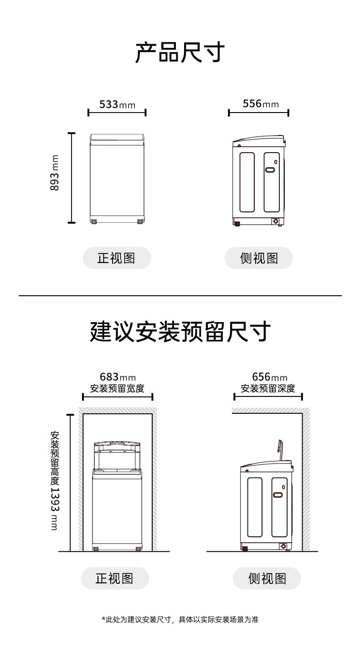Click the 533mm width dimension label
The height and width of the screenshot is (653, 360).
(x=117, y=104)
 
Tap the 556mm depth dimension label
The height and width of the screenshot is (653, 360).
(x=261, y=103)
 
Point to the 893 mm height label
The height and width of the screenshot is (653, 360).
(x=54, y=173)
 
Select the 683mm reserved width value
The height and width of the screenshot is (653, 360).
(x=118, y=377)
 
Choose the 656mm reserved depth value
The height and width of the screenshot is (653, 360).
(x=270, y=377)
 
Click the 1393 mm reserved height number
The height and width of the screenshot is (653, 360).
(x=55, y=509)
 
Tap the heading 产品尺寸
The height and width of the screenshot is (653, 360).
(x=180, y=52)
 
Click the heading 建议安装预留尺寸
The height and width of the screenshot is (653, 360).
(x=180, y=331)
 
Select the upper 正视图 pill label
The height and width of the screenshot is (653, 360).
(x=117, y=258)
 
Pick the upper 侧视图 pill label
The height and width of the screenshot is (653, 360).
(x=258, y=258)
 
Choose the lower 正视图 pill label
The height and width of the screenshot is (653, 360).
(x=115, y=578)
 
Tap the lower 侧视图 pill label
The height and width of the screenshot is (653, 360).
(x=267, y=578)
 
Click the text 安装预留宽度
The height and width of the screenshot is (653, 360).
(x=117, y=388)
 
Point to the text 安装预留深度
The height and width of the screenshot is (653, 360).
(x=268, y=388)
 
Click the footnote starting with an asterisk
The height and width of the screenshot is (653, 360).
(x=180, y=619)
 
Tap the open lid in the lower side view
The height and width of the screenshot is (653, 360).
(x=280, y=450)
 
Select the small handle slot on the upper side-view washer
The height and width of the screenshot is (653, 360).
(x=270, y=170)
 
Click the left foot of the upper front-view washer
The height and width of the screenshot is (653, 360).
(x=94, y=221)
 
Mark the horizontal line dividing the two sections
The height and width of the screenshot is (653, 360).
(x=180, y=296)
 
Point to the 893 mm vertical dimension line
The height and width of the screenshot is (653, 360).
(x=72, y=178)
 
